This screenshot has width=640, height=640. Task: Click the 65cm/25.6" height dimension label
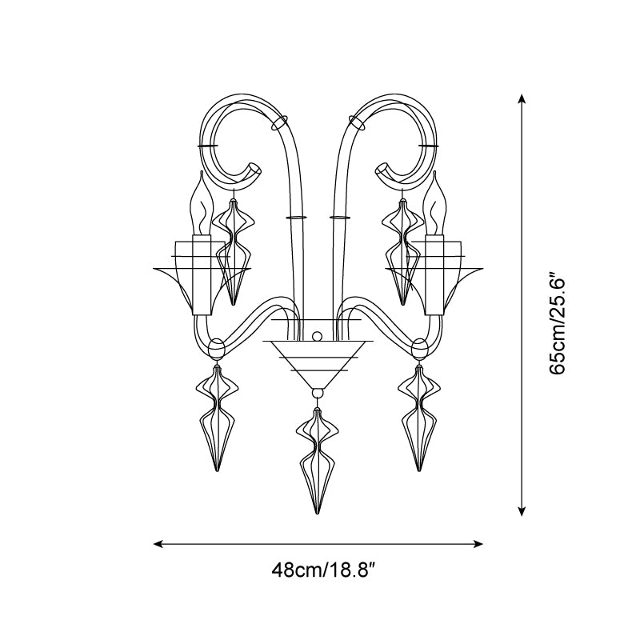(x=557, y=322)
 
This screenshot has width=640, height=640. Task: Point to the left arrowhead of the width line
(x=158, y=544)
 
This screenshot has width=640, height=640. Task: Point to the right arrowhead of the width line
(x=478, y=544)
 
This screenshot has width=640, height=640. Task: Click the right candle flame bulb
(x=433, y=203)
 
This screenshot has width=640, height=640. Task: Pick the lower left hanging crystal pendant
(x=217, y=418)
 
